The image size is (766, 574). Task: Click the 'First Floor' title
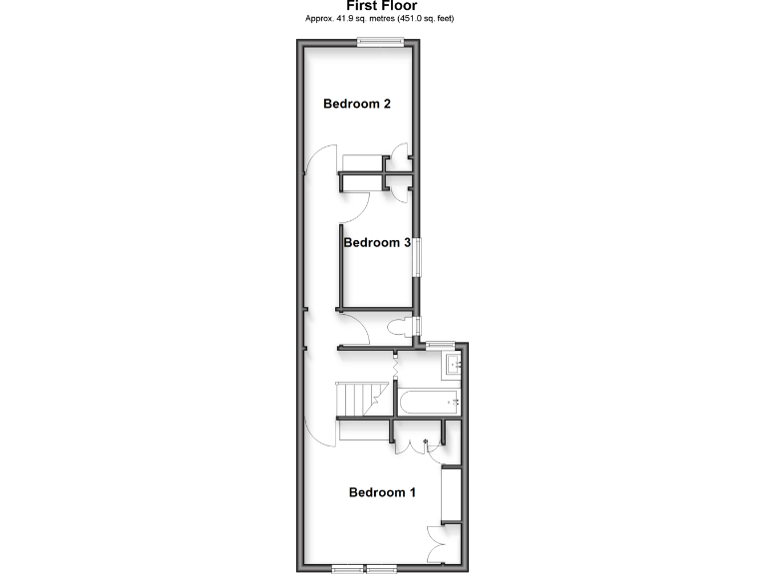click(383, 6)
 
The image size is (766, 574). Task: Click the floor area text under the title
click(383, 19)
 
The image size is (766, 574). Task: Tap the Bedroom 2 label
click(356, 104)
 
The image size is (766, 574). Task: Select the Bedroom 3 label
click(377, 242)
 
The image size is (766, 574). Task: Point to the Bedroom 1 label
click(382, 492)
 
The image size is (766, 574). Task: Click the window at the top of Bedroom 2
click(382, 41)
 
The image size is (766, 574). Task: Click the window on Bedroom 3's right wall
click(418, 257)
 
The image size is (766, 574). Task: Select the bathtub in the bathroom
click(428, 403)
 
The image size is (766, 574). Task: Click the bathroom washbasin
click(451, 365)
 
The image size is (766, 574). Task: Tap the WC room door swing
click(359, 327)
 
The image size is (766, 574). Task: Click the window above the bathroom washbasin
click(438, 345)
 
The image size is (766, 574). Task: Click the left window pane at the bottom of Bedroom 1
click(348, 568)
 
